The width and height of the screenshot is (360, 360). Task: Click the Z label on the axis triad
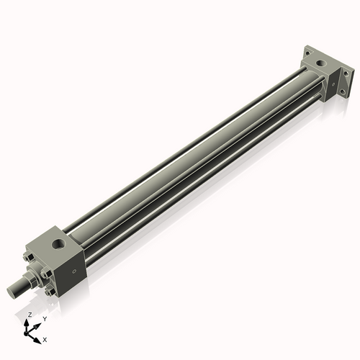pyautogui.click(x=30, y=315)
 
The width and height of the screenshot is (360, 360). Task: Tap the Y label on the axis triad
pyautogui.click(x=44, y=318)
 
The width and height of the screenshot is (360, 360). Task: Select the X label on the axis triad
pyautogui.click(x=45, y=338)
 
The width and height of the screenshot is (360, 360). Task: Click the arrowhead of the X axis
pyautogui.click(x=39, y=336)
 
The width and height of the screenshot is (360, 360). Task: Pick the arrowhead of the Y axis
pyautogui.click(x=37, y=323)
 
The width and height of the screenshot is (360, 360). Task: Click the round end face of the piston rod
pyautogui.click(x=12, y=289)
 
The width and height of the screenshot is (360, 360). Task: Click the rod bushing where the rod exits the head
pyautogui.click(x=32, y=277)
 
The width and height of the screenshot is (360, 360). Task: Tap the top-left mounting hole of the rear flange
pyautogui.click(x=307, y=51)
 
